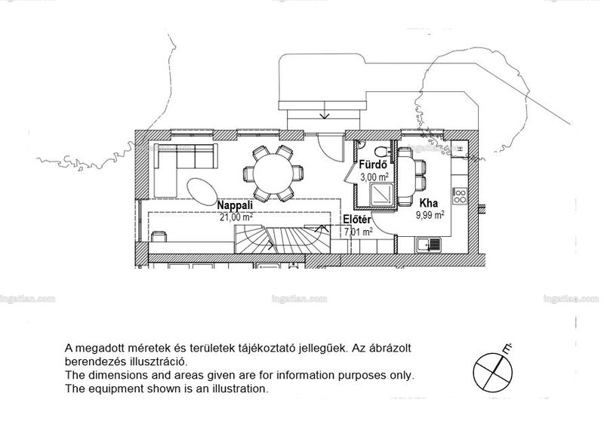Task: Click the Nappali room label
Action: click(235, 205)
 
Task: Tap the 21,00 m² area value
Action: click(236, 217)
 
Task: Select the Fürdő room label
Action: click(373, 165)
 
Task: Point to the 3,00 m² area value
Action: click(374, 177)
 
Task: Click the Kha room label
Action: click(428, 203)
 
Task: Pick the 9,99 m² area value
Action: click(430, 215)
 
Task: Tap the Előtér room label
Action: click(357, 220)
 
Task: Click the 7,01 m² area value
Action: click(358, 232)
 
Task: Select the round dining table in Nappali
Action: click(273, 174)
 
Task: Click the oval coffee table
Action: click(202, 192)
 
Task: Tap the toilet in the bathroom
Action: click(382, 151)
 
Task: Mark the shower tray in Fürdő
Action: click(381, 195)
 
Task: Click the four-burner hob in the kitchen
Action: click(460, 195)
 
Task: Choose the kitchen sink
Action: click(428, 245)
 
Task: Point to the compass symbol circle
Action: click(493, 373)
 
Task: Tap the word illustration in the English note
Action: click(236, 389)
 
